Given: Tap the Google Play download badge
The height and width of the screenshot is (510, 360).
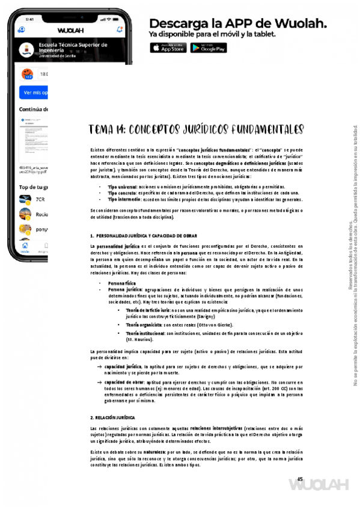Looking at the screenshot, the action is (x=209, y=48).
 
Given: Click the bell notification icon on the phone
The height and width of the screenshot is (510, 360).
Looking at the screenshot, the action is (x=120, y=28).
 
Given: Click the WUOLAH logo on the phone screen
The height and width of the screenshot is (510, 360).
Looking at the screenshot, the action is (x=71, y=29).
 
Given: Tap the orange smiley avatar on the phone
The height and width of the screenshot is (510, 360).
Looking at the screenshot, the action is (x=27, y=74).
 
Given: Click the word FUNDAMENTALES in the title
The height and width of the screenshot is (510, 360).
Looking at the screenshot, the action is (x=262, y=131).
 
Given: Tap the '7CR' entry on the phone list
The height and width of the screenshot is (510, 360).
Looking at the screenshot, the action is (x=40, y=199).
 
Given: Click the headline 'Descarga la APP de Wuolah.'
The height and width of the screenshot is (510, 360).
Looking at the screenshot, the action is (x=238, y=23).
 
